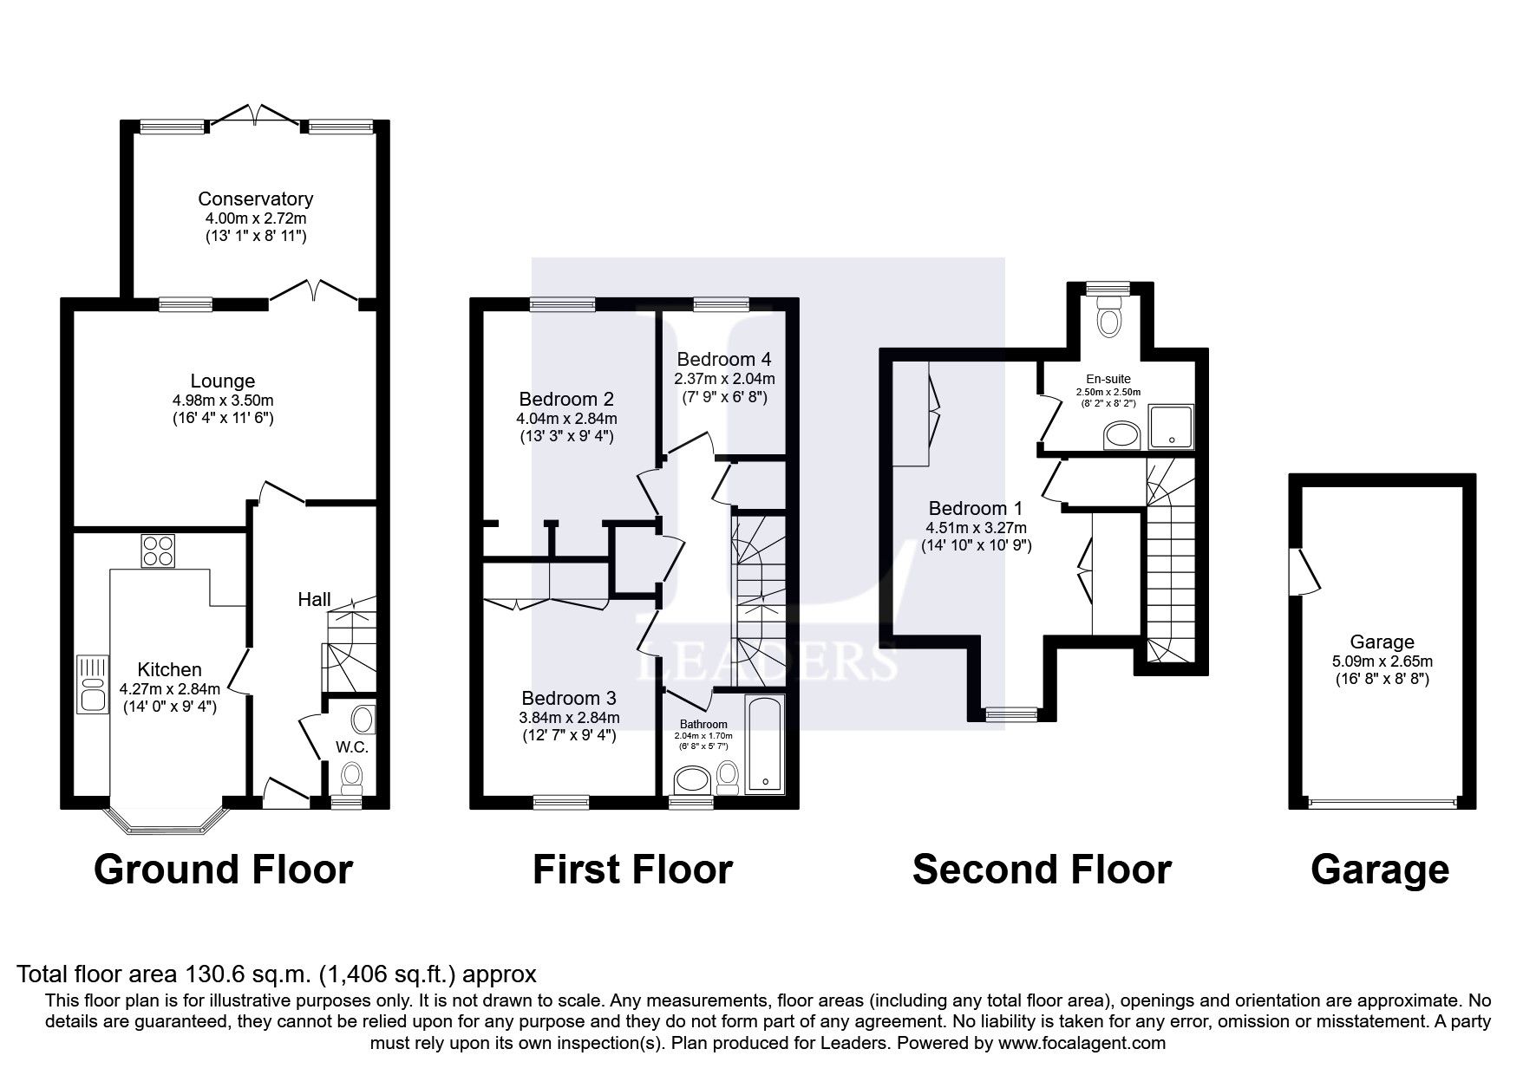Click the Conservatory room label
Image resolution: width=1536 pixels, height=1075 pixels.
(255, 199)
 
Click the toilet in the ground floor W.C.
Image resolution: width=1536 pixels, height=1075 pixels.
(352, 777)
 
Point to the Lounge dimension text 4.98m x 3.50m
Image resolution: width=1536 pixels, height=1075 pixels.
(223, 401)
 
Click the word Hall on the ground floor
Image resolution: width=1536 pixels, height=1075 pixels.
(314, 599)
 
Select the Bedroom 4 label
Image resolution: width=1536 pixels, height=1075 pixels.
(724, 359)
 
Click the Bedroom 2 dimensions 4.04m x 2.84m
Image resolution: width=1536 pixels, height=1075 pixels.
(565, 419)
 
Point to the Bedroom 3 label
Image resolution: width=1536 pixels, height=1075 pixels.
(568, 698)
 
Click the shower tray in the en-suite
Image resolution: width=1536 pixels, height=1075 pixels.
(1171, 427)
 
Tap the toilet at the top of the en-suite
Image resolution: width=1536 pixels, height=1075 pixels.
(1109, 317)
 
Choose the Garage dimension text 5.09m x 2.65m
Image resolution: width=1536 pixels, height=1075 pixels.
(1382, 661)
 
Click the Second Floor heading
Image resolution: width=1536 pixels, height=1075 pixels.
(1042, 870)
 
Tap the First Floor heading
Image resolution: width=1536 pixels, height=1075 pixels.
(632, 870)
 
